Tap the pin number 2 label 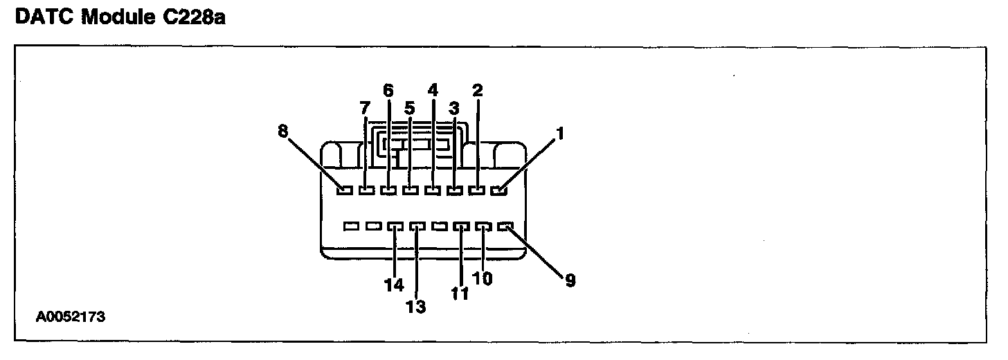point(477,90)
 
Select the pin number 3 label point(454,108)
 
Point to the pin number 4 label point(433,90)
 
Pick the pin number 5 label point(410,108)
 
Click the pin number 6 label point(388,90)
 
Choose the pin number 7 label point(365,108)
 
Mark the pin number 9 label point(569,281)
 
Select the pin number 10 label point(483,278)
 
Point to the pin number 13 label point(416,306)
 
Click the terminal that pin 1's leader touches point(498,190)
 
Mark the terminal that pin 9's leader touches point(505,226)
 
